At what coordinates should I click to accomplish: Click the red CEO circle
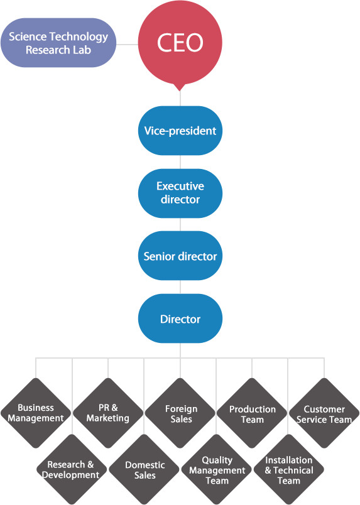(x=180, y=43)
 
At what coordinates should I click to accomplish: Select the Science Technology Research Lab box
(x=58, y=43)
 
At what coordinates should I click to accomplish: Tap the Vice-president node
(x=180, y=131)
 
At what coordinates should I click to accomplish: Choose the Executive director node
(x=180, y=193)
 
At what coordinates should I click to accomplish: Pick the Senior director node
(x=180, y=256)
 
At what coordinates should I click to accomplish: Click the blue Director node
(x=180, y=318)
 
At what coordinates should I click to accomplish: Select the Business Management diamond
(x=36, y=413)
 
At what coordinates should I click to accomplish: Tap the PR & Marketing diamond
(x=108, y=413)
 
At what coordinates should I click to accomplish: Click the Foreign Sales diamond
(x=180, y=413)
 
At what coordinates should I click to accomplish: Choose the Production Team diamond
(x=252, y=413)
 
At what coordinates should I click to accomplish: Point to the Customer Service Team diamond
(x=324, y=413)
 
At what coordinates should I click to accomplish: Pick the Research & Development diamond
(x=72, y=469)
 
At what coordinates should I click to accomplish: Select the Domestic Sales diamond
(x=144, y=469)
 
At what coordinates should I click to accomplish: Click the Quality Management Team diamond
(x=217, y=469)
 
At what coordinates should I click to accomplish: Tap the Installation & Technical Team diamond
(x=289, y=469)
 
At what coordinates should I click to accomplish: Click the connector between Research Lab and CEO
(x=128, y=45)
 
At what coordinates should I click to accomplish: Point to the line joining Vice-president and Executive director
(x=180, y=162)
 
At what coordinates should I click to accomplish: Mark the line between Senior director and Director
(x=180, y=287)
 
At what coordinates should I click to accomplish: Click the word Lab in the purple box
(x=82, y=50)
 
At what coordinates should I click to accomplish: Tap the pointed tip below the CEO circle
(x=180, y=91)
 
